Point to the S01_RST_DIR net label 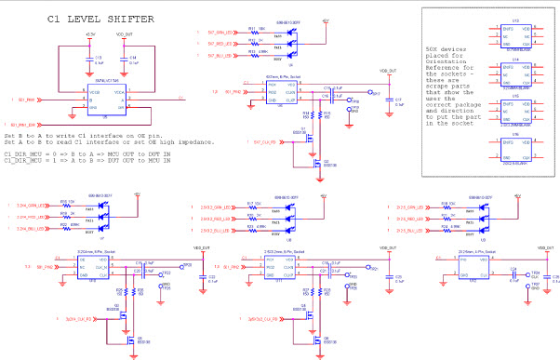(27, 125)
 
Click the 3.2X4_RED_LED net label (30, 216)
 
